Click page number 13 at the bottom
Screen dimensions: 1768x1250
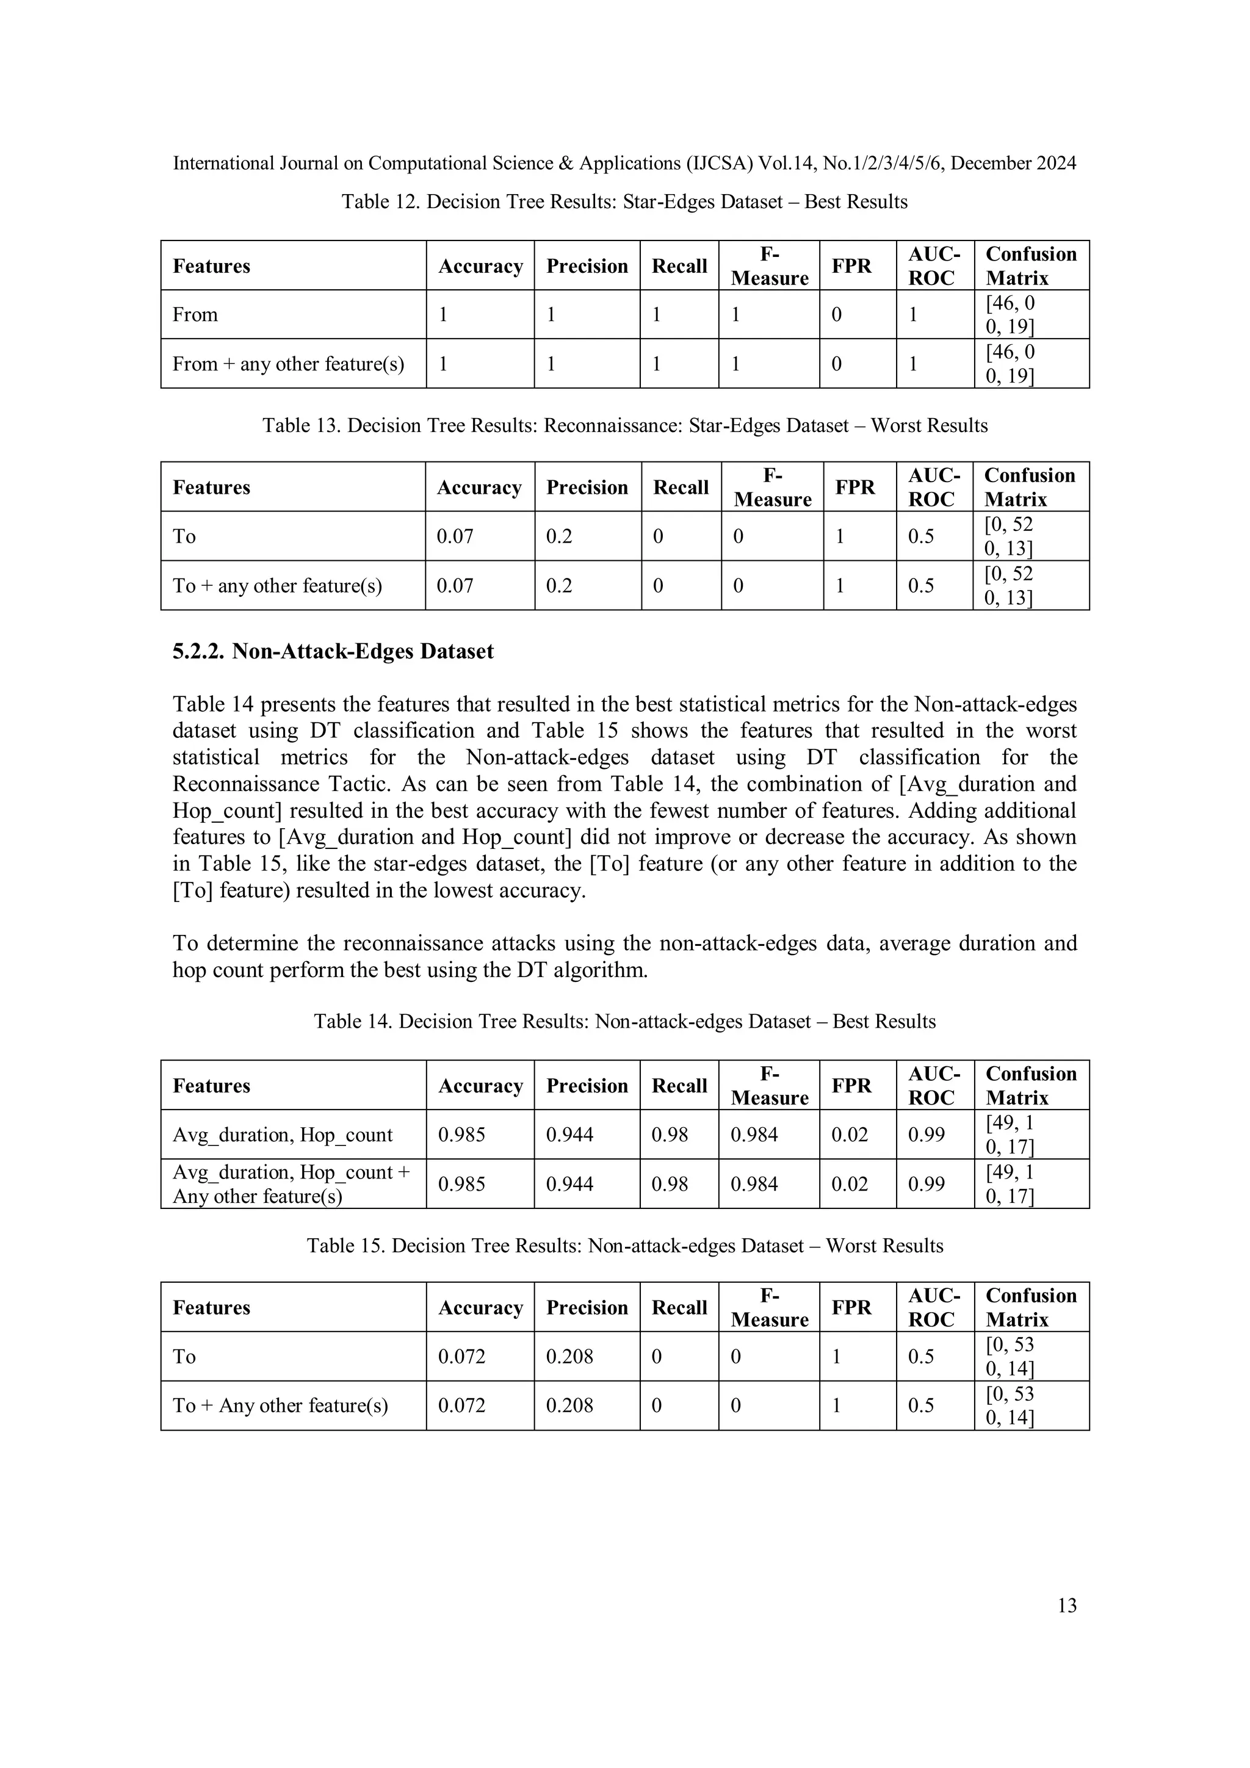point(1067,1605)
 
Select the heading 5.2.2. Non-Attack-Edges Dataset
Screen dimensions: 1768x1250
point(333,651)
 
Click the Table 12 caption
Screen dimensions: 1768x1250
point(624,202)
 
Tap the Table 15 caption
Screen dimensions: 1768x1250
point(624,1245)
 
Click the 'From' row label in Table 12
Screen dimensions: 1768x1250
point(196,314)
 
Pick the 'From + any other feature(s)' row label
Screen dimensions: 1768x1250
point(288,364)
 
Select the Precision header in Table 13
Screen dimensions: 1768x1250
point(587,488)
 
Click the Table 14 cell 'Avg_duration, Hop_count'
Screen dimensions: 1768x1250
point(283,1135)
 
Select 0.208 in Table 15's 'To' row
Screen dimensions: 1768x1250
point(569,1356)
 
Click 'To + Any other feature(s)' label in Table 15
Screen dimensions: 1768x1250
point(280,1405)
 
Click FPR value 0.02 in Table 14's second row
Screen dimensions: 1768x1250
point(850,1183)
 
